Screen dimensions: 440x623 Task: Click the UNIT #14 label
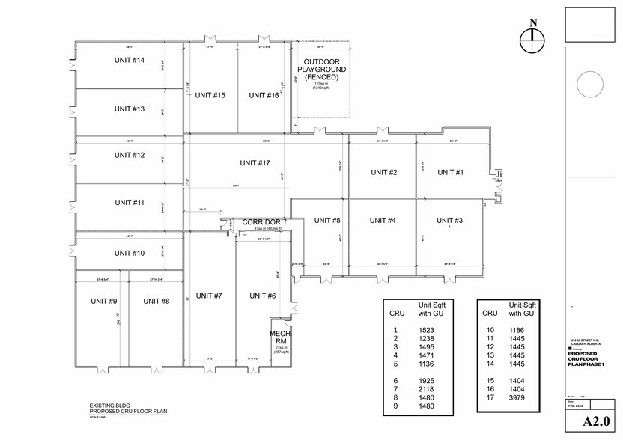click(x=130, y=60)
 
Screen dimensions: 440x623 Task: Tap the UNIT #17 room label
click(x=255, y=162)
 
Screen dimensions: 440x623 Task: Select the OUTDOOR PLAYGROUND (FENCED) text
click(x=321, y=70)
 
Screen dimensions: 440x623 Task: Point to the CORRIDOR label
click(x=261, y=222)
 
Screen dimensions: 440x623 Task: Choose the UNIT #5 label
click(x=327, y=220)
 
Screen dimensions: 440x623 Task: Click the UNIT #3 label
click(x=450, y=220)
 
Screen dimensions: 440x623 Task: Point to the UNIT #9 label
click(x=103, y=301)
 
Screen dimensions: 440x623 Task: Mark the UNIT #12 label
click(x=130, y=155)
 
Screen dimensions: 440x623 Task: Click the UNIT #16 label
click(x=264, y=95)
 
